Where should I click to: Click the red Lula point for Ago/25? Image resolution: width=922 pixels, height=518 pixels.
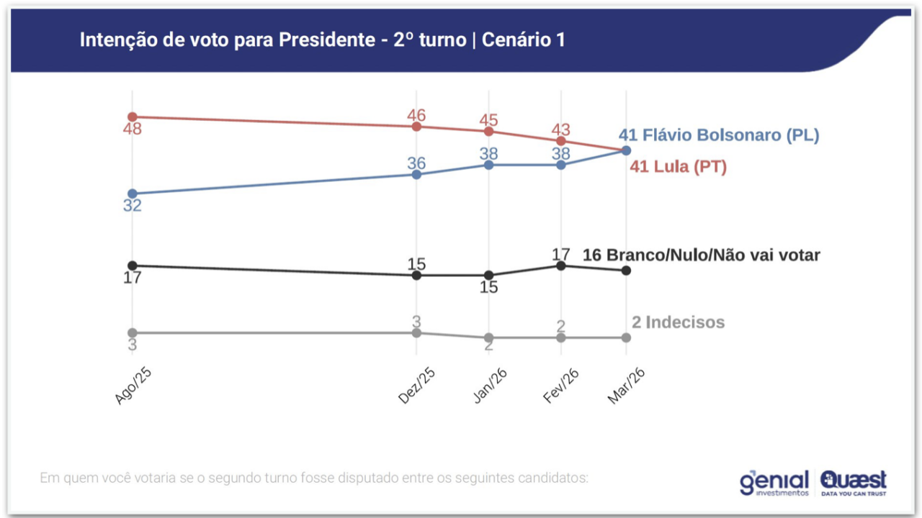132,117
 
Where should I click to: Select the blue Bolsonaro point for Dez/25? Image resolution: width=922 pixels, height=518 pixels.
416,174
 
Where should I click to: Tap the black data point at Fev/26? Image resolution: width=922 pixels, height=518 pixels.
561,265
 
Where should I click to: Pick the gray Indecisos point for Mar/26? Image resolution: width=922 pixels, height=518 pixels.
626,337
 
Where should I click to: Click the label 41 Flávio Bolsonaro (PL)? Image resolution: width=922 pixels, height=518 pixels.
719,135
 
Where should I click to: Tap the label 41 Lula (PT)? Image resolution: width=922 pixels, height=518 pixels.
678,167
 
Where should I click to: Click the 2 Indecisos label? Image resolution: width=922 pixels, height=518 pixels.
678,322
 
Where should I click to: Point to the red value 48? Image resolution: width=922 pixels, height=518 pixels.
133,129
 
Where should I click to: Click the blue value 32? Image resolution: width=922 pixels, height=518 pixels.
133,206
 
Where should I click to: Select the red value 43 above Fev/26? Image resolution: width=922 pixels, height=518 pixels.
561,130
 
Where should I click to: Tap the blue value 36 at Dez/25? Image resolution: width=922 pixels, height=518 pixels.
416,163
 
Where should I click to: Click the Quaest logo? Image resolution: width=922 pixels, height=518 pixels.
854,483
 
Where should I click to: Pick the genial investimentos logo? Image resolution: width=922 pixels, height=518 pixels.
774,483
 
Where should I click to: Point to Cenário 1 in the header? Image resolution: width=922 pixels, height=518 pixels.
523,40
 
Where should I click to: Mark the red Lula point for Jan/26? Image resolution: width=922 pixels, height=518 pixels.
489,131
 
